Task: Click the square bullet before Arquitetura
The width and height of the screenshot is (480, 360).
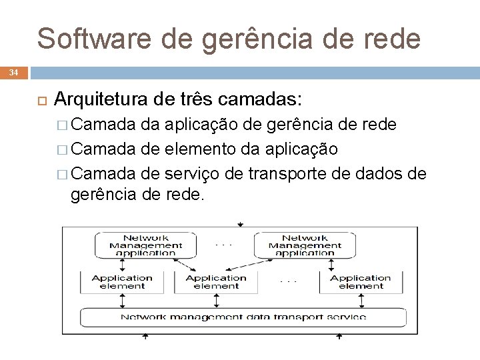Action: tap(39, 101)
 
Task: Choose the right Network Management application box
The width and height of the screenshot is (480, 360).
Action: tap(305, 245)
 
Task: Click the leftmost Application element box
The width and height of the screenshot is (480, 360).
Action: tap(123, 282)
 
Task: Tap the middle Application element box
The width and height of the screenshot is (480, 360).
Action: tap(216, 282)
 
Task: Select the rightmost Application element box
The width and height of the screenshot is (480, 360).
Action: tap(361, 282)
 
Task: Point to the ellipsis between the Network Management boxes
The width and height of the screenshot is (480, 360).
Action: tap(224, 245)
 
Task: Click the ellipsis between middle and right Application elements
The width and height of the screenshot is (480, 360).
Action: tap(289, 281)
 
